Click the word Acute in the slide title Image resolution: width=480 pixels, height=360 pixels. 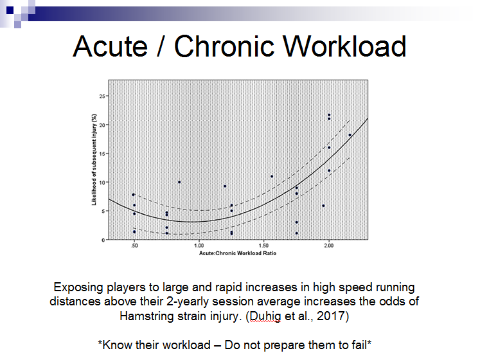111,46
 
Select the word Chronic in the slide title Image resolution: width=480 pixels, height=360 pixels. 224,46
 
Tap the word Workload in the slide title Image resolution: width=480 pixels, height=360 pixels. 344,46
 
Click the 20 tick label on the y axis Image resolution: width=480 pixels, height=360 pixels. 102,125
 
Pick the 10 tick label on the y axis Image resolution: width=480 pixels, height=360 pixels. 102,183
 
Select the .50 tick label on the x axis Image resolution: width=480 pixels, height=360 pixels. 134,246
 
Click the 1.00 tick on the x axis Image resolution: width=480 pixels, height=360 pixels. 199,246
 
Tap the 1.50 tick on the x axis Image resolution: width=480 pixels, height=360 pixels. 264,246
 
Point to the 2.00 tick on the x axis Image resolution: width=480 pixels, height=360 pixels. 329,246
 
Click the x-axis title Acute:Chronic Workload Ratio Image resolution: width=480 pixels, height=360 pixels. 238,253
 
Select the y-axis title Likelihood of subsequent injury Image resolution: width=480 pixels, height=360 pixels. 94,159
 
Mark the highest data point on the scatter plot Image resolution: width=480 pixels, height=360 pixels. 329,115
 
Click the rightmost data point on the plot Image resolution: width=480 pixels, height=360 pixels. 350,135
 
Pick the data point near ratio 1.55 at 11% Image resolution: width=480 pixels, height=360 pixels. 272,177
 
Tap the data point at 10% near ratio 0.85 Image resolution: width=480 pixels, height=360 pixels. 179,183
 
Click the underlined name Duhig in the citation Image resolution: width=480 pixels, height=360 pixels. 265,316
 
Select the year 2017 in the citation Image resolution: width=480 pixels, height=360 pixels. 331,316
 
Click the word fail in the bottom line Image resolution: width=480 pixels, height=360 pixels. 359,345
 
